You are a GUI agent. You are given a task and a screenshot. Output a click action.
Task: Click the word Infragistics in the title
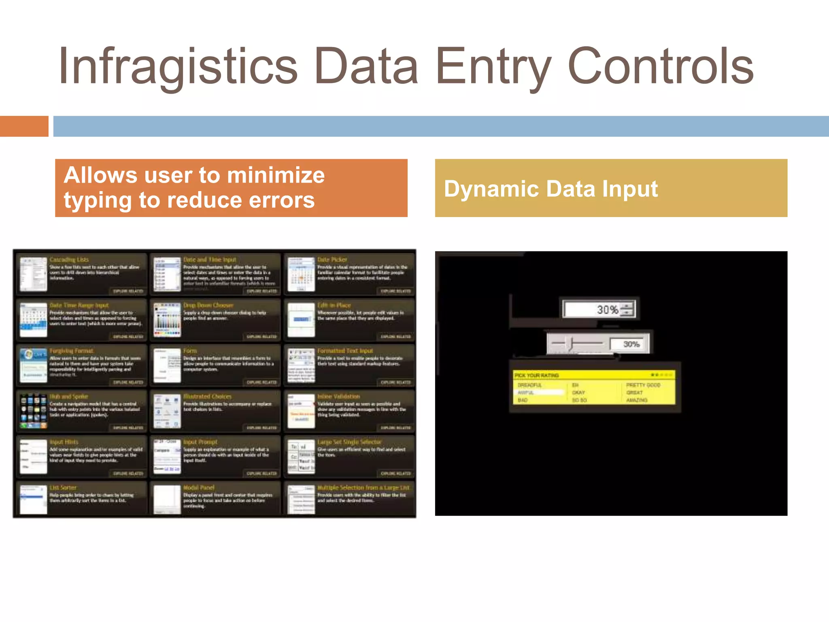178,67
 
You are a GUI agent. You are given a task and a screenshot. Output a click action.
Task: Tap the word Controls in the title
661,67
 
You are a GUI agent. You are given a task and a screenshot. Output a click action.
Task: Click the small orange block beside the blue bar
24,126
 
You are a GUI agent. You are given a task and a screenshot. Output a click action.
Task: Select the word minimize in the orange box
276,175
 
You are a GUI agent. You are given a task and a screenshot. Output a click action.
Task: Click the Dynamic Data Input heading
551,189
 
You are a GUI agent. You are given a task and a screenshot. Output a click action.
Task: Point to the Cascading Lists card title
69,260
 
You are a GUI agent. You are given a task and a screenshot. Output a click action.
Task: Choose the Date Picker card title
332,260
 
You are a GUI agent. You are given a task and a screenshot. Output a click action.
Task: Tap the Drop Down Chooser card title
208,305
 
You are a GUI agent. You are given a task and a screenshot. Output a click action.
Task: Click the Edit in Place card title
334,305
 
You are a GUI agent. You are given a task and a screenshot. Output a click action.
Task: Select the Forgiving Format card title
71,351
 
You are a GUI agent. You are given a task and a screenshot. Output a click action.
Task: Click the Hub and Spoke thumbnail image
34,411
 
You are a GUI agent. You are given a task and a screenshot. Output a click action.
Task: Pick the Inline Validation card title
338,396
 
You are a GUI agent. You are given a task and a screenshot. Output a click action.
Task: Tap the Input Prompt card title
200,442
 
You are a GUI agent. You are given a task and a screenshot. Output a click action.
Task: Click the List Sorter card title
63,488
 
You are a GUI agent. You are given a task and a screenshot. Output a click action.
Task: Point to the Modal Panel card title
198,488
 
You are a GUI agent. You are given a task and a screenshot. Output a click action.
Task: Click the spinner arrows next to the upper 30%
627,309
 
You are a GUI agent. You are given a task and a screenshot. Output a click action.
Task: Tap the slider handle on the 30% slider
571,343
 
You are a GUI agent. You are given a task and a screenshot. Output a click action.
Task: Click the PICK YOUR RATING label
536,375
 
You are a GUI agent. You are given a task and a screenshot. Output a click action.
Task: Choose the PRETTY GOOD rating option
643,385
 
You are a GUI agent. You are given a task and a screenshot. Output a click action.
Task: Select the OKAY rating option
578,392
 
